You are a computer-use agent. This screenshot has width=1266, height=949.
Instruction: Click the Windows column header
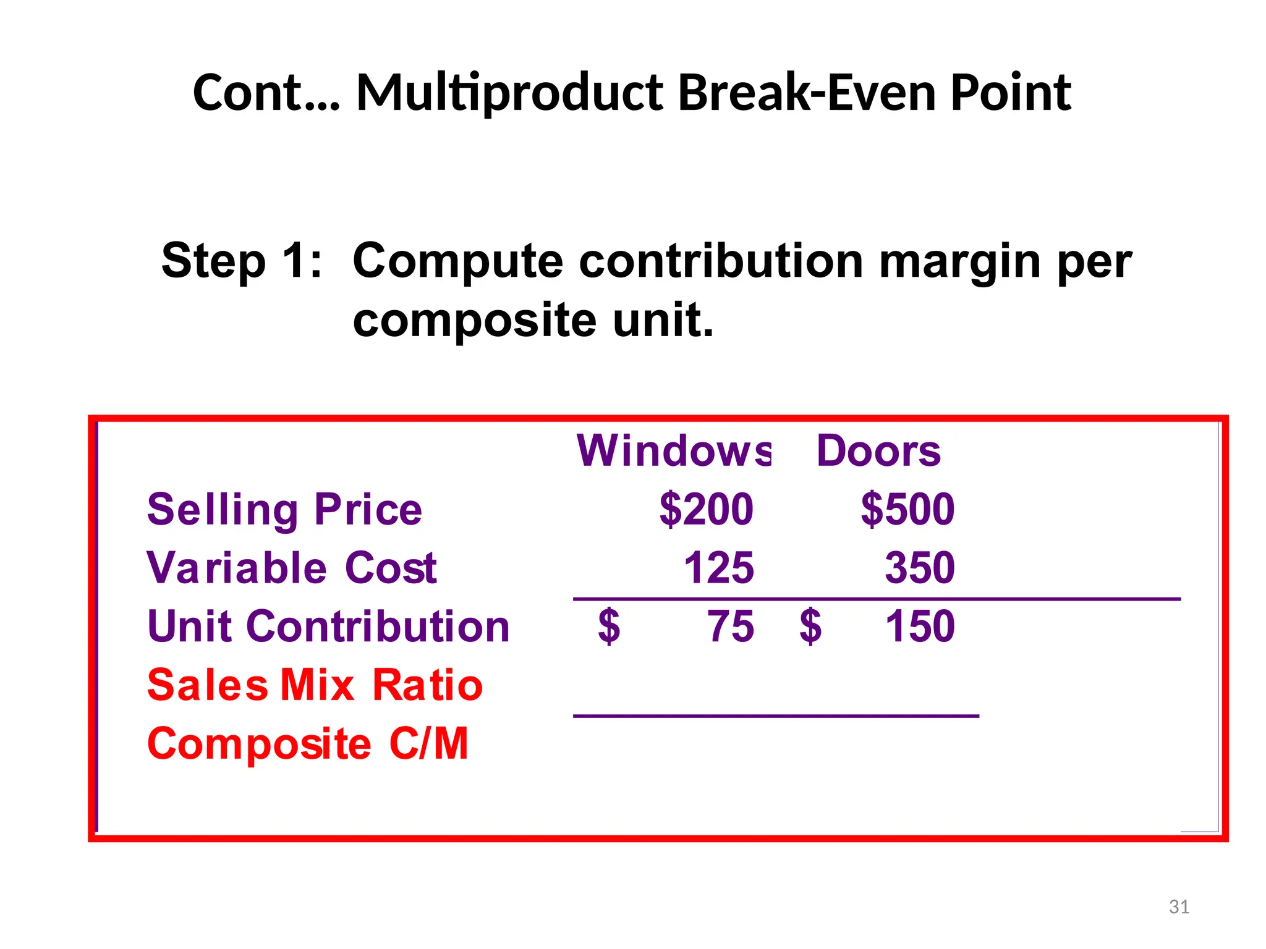673,451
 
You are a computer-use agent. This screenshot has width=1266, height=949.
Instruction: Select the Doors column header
878,451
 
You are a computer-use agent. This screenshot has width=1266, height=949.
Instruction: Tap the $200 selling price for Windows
707,510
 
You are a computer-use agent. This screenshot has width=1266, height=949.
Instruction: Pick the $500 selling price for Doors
907,510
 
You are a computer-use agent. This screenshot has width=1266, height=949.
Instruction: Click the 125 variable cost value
719,568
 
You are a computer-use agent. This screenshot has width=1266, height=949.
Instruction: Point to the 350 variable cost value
920,568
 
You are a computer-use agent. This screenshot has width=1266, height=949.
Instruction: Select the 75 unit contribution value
731,626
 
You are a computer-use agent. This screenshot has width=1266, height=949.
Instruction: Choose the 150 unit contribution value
920,626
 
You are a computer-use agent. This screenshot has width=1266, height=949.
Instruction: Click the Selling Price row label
284,510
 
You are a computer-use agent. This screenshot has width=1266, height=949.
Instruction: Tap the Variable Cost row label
292,568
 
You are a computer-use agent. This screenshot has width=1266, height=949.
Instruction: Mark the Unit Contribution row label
328,626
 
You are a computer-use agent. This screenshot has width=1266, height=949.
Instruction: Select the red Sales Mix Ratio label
315,685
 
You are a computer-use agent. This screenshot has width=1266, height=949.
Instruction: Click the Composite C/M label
308,744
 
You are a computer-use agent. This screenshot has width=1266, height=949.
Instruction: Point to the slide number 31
1179,907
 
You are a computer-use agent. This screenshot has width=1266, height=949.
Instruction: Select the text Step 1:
242,261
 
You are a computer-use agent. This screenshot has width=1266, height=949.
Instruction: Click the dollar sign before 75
609,626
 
